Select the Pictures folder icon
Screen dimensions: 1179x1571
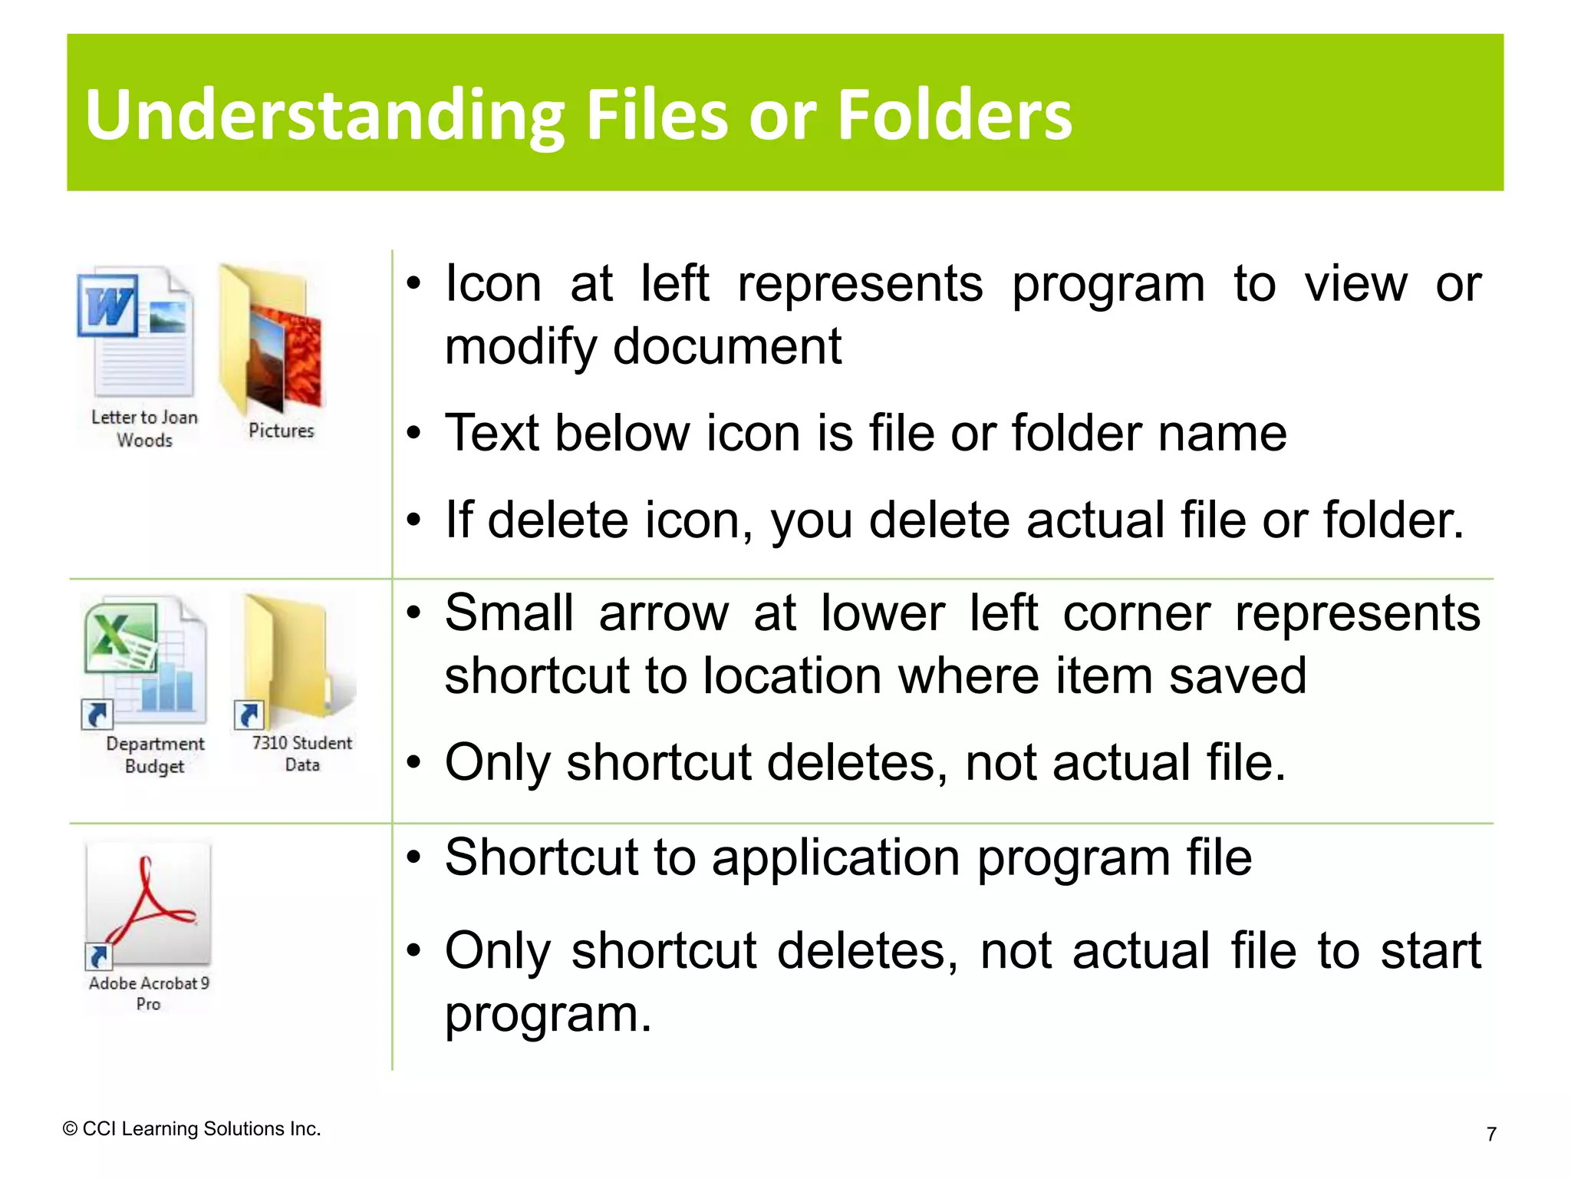[270, 339]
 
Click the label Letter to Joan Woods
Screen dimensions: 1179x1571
[144, 428]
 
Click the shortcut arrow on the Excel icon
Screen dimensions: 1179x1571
[97, 715]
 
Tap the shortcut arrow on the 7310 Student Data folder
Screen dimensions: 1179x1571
[249, 715]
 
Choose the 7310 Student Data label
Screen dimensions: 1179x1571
[302, 754]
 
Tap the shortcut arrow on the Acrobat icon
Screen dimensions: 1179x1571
[99, 957]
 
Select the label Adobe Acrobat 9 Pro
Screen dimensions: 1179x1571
[149, 993]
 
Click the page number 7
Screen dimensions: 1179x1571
[1491, 1134]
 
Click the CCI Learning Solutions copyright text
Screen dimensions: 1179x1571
[192, 1129]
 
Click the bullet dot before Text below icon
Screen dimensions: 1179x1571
[414, 434]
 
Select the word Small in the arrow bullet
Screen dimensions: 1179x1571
[509, 613]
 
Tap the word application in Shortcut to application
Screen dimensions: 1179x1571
[835, 858]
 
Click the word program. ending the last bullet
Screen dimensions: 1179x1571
[548, 1015]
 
